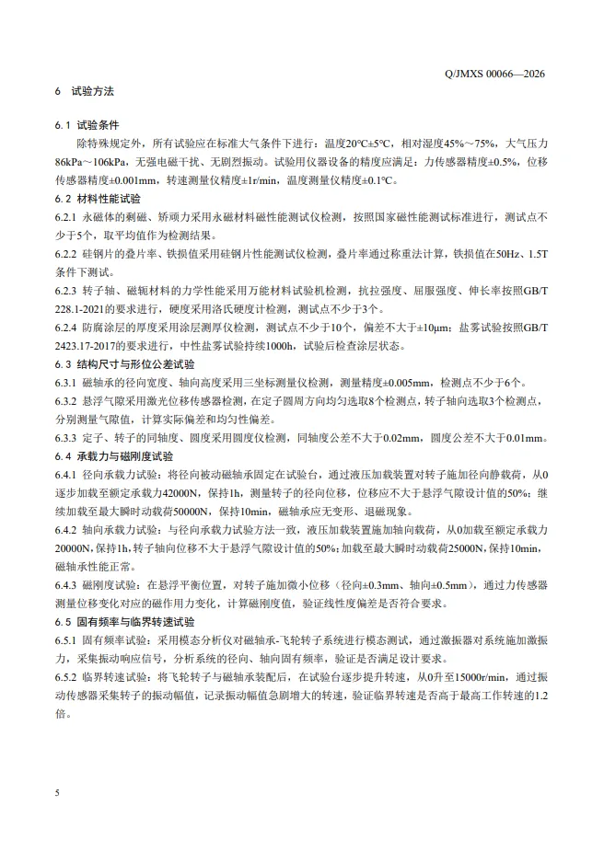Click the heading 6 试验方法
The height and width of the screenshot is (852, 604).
85,93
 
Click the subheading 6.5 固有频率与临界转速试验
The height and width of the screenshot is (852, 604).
120,621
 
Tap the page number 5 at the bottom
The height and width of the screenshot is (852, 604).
57,790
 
